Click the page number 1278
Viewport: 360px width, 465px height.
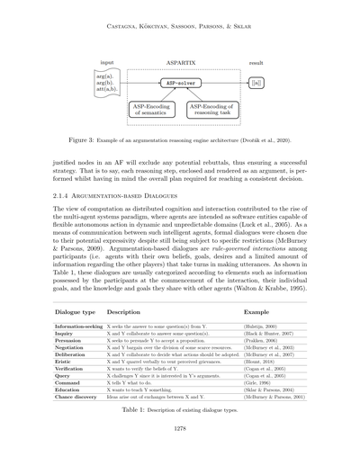point(180,452)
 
